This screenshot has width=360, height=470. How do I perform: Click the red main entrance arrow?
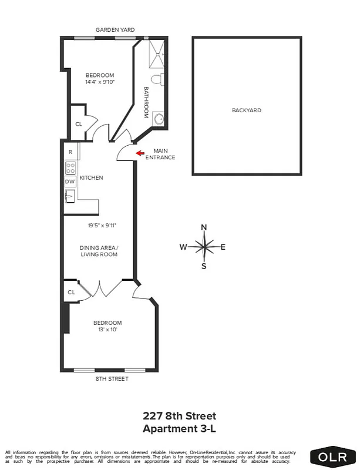coord(140,153)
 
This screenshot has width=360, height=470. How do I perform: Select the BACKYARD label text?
coord(247,110)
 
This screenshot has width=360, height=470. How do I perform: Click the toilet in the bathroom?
coord(157,79)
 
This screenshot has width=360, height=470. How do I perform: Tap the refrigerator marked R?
coord(70,152)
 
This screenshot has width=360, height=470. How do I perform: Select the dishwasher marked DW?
coord(70,182)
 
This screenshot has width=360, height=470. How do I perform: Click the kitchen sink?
coord(70,196)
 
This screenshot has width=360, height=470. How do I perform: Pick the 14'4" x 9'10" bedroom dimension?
coord(99,82)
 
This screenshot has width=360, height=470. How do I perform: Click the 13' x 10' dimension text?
coord(107,330)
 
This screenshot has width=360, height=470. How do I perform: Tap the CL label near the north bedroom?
coord(79,124)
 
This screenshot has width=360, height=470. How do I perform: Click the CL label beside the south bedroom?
coord(71,292)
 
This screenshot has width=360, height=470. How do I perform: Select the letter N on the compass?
coord(204,227)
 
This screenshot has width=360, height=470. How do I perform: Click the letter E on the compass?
coord(223,247)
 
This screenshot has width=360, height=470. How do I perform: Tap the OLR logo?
coord(333,456)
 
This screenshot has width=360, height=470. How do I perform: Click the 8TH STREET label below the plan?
coord(112,379)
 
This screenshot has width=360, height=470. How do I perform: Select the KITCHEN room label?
coord(92,178)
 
